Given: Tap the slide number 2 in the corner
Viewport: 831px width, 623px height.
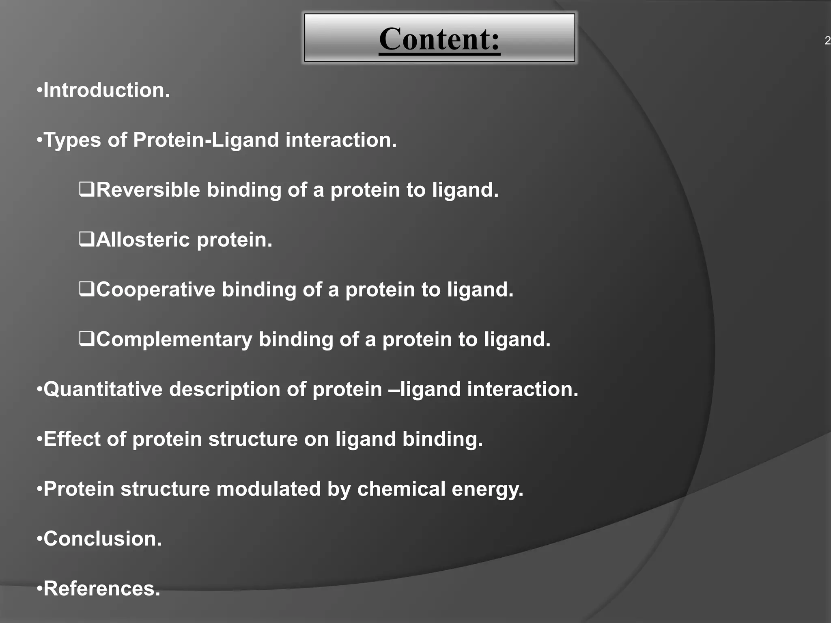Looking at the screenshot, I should click(x=827, y=41).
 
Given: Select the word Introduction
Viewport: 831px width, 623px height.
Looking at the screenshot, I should click(x=106, y=90).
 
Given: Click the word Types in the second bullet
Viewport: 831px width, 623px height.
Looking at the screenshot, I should click(x=72, y=140).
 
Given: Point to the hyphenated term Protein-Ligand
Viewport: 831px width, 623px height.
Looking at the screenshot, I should click(x=206, y=140).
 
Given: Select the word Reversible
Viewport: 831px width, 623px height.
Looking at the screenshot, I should click(x=148, y=190).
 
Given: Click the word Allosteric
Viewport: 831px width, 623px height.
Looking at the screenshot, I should click(x=143, y=240).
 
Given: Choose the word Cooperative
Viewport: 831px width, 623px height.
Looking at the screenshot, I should click(x=155, y=290).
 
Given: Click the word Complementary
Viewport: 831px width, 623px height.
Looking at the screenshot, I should click(x=174, y=339).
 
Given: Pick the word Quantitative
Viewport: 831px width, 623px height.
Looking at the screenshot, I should click(x=103, y=389).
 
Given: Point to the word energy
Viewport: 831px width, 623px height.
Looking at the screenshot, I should click(x=487, y=490).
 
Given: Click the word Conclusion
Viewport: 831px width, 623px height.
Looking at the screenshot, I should click(x=102, y=539).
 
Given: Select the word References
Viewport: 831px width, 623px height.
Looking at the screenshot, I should click(x=101, y=589).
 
